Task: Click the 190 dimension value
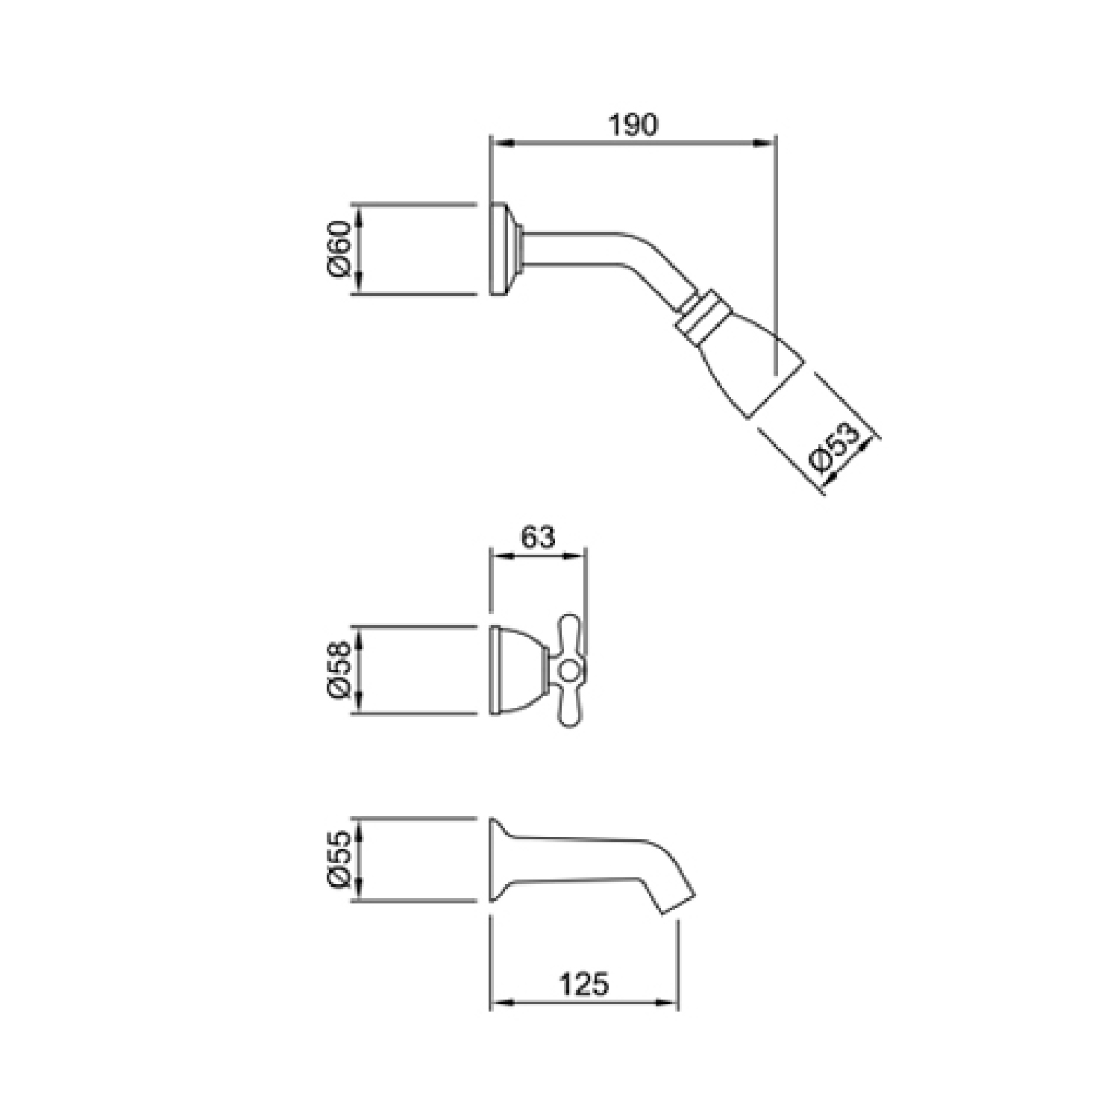point(633,125)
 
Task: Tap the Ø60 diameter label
point(339,248)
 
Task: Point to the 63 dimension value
point(539,537)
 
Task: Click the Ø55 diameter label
point(339,859)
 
